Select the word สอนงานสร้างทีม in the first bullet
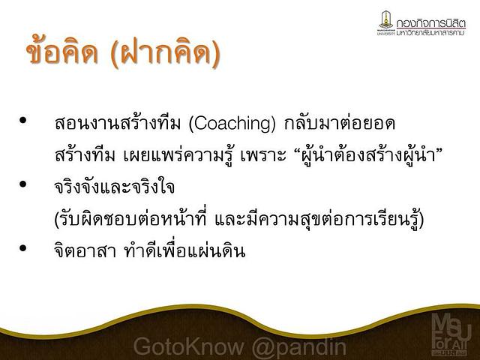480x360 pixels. [x=118, y=122]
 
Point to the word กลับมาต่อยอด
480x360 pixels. [x=339, y=123]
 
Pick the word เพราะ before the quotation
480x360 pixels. [x=263, y=155]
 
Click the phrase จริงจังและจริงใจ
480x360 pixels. [x=115, y=186]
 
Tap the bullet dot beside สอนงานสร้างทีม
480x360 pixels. [x=22, y=120]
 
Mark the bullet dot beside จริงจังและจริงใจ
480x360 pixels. [x=22, y=184]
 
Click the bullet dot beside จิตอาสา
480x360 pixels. [x=22, y=247]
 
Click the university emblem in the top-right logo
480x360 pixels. [x=386, y=20]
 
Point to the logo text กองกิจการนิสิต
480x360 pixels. [x=430, y=23]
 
